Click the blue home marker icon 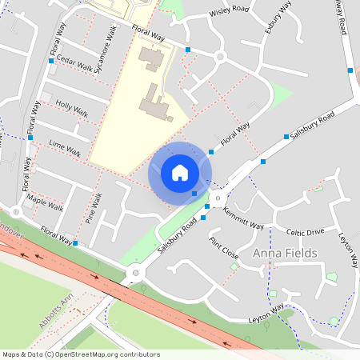[x=180, y=173]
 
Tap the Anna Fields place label [x=286, y=254]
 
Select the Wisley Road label [x=229, y=14]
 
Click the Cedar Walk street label [x=74, y=63]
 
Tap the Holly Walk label [x=71, y=109]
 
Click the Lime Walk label [x=65, y=150]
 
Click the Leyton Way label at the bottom [x=266, y=313]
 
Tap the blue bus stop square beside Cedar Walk [x=52, y=60]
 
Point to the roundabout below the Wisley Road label [x=219, y=57]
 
